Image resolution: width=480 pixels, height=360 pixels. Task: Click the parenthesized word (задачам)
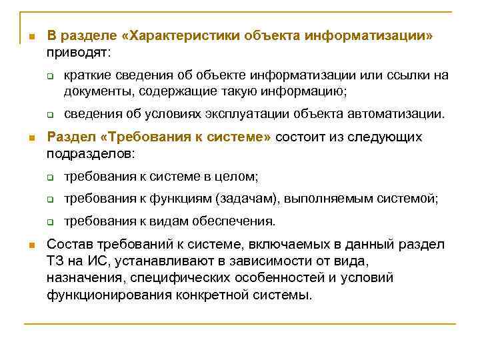[250, 198]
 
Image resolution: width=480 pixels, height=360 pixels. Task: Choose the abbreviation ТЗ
[55, 261]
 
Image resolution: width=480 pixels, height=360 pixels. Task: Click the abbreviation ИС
[91, 261]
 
